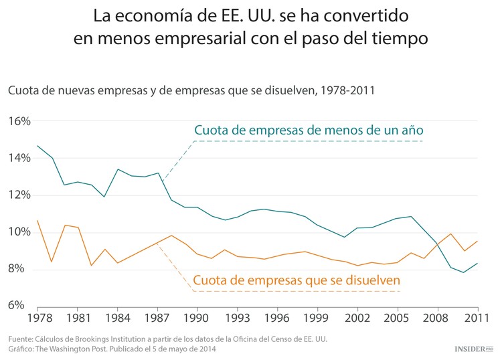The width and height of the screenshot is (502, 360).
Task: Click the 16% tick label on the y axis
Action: pyautogui.click(x=19, y=122)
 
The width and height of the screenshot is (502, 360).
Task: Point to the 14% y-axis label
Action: pyautogui.click(x=19, y=159)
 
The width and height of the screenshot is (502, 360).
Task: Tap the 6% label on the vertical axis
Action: pyautogui.click(x=16, y=306)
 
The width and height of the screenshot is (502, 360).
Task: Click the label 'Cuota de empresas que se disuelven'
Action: pyautogui.click(x=297, y=281)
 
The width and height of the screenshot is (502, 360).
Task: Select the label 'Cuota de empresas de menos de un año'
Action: pyautogui.click(x=309, y=129)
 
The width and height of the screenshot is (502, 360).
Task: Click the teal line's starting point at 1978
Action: pyautogui.click(x=37, y=145)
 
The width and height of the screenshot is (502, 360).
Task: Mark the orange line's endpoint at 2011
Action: pyautogui.click(x=477, y=241)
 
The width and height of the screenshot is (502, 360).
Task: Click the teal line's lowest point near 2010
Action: pyautogui.click(x=463, y=272)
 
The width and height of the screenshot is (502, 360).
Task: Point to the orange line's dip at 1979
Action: pyautogui.click(x=52, y=262)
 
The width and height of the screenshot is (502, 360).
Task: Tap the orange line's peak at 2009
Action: pyautogui.click(x=450, y=234)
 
